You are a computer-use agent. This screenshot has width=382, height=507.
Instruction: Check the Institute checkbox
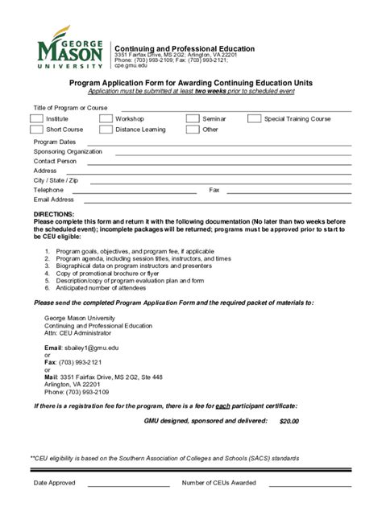pyautogui.click(x=36, y=119)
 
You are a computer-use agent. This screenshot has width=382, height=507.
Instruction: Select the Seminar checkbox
pyautogui.click(x=192, y=119)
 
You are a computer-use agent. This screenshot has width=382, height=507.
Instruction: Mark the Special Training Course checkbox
pyautogui.click(x=255, y=119)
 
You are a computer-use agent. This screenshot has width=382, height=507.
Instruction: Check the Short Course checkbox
pyautogui.click(x=36, y=130)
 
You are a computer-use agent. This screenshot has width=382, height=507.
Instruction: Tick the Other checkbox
pyautogui.click(x=192, y=130)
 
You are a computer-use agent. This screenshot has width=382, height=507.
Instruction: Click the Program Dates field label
pyautogui.click(x=54, y=142)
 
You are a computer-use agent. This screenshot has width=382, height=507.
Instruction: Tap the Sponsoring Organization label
pyautogui.click(x=68, y=151)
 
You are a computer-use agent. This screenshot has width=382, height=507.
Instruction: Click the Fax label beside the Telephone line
pyautogui.click(x=214, y=190)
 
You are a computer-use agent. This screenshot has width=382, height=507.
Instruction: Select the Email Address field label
pyautogui.click(x=54, y=200)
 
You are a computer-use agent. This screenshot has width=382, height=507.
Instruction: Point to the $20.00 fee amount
pyautogui.click(x=289, y=421)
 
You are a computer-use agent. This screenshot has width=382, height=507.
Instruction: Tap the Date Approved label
pyautogui.click(x=54, y=483)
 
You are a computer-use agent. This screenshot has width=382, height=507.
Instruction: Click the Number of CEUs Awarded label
pyautogui.click(x=219, y=483)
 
